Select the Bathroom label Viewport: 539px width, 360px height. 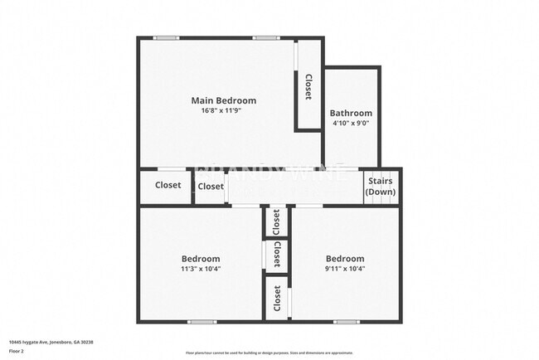click(351, 113)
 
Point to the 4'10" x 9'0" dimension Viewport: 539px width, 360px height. click(351, 124)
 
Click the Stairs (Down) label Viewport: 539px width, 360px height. click(381, 186)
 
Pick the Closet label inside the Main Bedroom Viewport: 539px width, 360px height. click(308, 87)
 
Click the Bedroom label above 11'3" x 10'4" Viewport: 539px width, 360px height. click(202, 258)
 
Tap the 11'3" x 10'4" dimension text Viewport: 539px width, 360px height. click(202, 268)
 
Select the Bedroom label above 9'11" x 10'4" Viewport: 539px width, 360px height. click(345, 258)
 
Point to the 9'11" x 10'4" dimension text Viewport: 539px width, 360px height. click(345, 268)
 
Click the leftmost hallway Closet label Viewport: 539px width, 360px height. click(168, 185)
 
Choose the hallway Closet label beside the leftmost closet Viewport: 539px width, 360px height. click(211, 187)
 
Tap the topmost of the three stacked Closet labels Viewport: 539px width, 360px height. click(277, 221)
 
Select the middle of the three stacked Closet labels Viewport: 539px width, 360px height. click(277, 254)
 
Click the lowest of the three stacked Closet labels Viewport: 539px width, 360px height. click(277, 298)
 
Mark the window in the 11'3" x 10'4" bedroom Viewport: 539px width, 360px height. click(202, 322)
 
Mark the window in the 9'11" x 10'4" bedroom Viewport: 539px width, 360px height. click(346, 322)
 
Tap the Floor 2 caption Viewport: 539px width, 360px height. click(17, 351)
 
